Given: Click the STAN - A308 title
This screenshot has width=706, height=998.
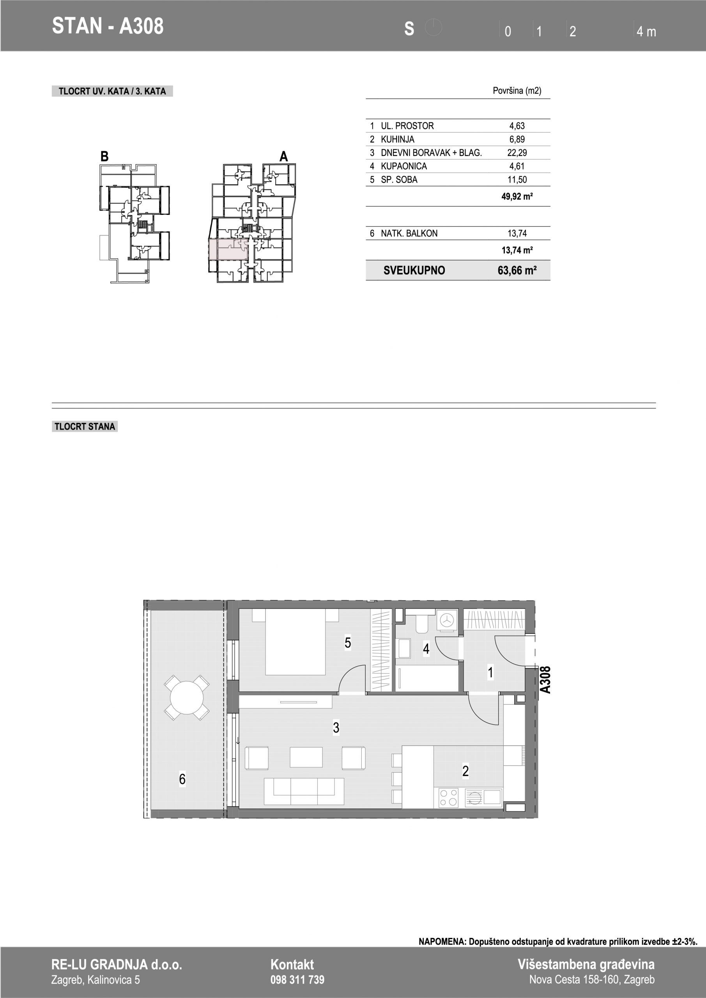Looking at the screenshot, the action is (108, 26).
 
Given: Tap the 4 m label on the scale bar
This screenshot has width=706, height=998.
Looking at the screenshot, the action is (646, 31).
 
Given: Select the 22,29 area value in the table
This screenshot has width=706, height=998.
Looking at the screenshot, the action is (517, 152).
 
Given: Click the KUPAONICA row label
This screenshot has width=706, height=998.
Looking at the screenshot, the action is (404, 166).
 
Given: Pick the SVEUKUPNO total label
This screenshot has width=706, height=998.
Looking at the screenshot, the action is (414, 271).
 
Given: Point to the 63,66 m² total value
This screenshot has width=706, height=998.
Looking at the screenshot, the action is (517, 271).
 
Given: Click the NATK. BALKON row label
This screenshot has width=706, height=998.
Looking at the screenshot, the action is (409, 234).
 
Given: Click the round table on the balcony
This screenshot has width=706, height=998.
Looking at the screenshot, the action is (186, 698).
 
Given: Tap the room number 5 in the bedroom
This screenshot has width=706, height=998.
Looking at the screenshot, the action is (348, 642).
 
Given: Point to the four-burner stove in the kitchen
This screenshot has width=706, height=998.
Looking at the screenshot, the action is (449, 798).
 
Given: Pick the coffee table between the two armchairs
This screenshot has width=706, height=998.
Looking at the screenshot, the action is (306, 757).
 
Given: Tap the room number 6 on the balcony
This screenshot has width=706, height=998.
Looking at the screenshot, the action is (182, 779).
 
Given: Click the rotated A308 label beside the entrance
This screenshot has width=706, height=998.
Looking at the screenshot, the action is (545, 680).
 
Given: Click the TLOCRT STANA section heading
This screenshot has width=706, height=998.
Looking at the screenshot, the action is (85, 426).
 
